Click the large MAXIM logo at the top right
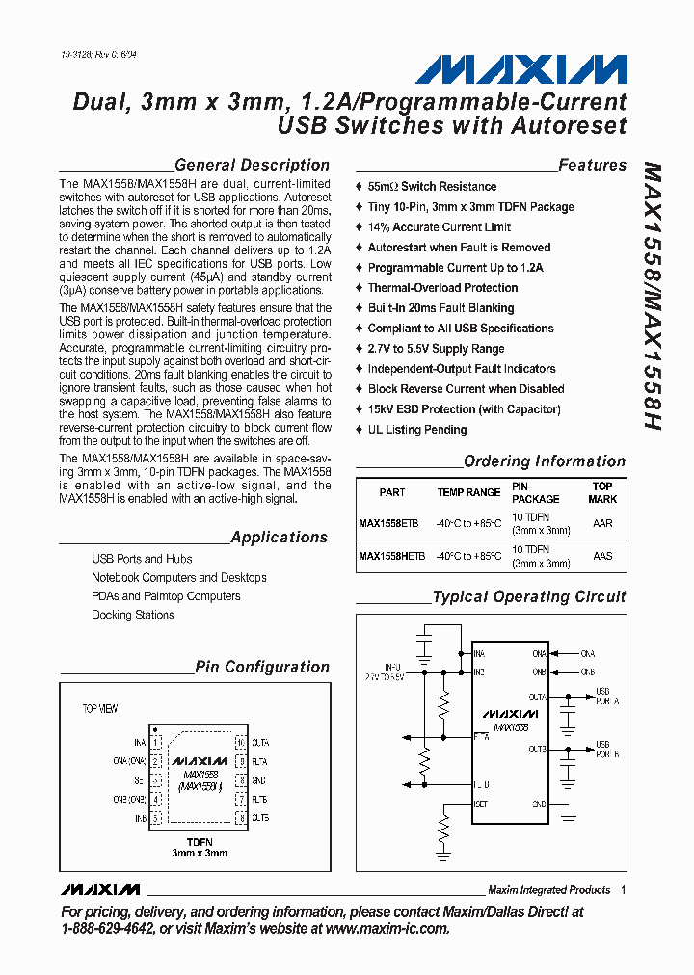click(x=520, y=69)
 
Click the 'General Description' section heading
click(x=253, y=165)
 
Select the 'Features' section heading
click(x=592, y=165)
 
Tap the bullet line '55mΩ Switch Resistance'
click(x=432, y=187)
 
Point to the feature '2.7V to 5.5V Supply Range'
click(x=436, y=349)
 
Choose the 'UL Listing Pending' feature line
click(x=417, y=430)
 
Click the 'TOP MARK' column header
click(x=602, y=492)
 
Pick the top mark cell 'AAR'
click(x=602, y=524)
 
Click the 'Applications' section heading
click(x=280, y=538)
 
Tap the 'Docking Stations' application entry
click(x=133, y=615)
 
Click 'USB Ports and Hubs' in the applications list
click(x=142, y=559)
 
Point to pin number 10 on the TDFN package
click(x=241, y=743)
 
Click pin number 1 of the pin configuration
click(x=156, y=743)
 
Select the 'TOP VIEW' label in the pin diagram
click(x=100, y=709)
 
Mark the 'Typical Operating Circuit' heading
click(x=529, y=597)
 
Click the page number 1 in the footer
click(x=624, y=890)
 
